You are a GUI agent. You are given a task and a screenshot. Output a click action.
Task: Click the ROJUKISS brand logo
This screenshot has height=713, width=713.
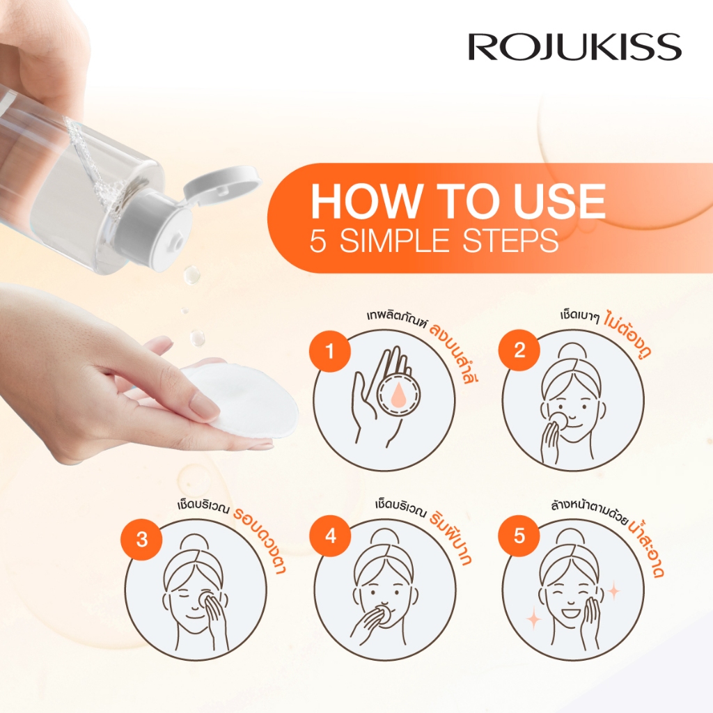coord(574,47)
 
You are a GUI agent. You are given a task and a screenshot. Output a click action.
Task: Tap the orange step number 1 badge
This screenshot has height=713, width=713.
coord(329,351)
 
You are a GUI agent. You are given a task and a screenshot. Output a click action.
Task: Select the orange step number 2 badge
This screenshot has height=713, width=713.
coord(519,350)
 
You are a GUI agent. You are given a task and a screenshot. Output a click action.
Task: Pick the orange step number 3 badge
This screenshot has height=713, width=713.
coord(141,540)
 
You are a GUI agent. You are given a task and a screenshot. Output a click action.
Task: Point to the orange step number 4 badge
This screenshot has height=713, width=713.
coord(331,537)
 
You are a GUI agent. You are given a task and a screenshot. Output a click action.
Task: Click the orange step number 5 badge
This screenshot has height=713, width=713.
coord(519,537)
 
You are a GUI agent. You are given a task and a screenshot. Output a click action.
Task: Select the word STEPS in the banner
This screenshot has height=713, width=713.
coord(510,240)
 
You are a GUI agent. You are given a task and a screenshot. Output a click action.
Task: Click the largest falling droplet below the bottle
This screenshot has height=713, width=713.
coord(191,274)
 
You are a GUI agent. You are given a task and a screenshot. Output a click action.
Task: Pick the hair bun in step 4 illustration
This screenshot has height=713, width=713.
coord(384,538)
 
